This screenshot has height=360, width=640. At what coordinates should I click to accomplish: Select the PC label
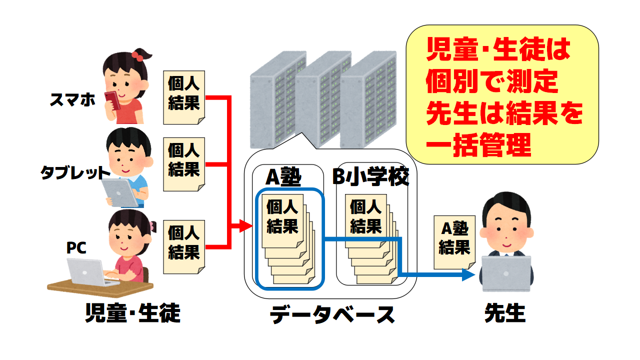[77, 248]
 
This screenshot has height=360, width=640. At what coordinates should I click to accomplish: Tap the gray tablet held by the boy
[120, 192]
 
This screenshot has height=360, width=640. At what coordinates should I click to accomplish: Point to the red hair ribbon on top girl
[138, 55]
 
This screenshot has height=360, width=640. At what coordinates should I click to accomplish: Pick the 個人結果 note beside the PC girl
[184, 242]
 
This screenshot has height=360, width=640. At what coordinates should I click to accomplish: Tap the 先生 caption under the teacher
[505, 313]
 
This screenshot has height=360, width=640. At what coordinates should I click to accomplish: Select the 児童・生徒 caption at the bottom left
[132, 313]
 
